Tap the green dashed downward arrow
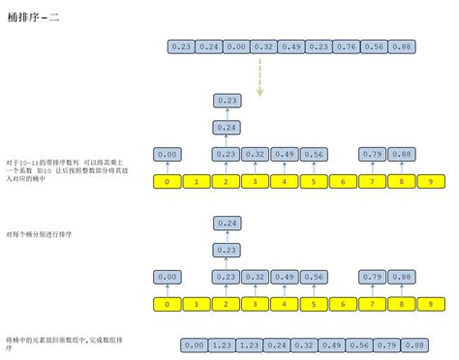[259, 77]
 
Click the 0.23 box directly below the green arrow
[227, 100]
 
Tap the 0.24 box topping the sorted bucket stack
[227, 224]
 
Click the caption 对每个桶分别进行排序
[38, 233]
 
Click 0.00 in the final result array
[195, 345]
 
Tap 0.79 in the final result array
[385, 345]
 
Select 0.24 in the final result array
[277, 345]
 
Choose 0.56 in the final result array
[358, 345]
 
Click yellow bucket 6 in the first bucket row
[341, 180]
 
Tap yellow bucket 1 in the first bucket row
[197, 180]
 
